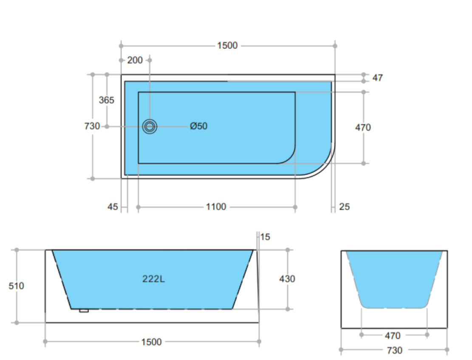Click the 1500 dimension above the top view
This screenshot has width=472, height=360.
coord(227,45)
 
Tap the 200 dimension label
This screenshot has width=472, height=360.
coord(135,60)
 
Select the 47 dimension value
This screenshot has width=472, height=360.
coord(377,78)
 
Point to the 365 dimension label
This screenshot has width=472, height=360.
coord(106,100)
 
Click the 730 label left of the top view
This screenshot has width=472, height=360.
coord(92,126)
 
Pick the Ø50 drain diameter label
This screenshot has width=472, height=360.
coord(199,126)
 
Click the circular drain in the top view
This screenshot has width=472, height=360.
coord(150,126)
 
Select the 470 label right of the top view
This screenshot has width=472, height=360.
coord(363,128)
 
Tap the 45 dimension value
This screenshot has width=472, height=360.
coord(113,207)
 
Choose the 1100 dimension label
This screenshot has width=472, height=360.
coord(216,207)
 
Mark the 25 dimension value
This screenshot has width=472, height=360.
coord(345,207)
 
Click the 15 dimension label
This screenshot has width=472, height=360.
coord(265,237)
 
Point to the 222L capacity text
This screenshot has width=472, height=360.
coord(153,279)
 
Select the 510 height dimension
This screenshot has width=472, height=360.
coord(17,286)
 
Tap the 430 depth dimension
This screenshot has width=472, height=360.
coord(287,279)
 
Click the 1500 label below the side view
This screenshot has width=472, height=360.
coord(152,342)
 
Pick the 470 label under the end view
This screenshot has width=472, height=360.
coord(393,336)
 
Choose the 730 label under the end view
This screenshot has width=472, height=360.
coord(395,351)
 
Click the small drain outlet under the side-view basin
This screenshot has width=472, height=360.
coord(84,311)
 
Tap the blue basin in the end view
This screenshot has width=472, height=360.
coord(394,278)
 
